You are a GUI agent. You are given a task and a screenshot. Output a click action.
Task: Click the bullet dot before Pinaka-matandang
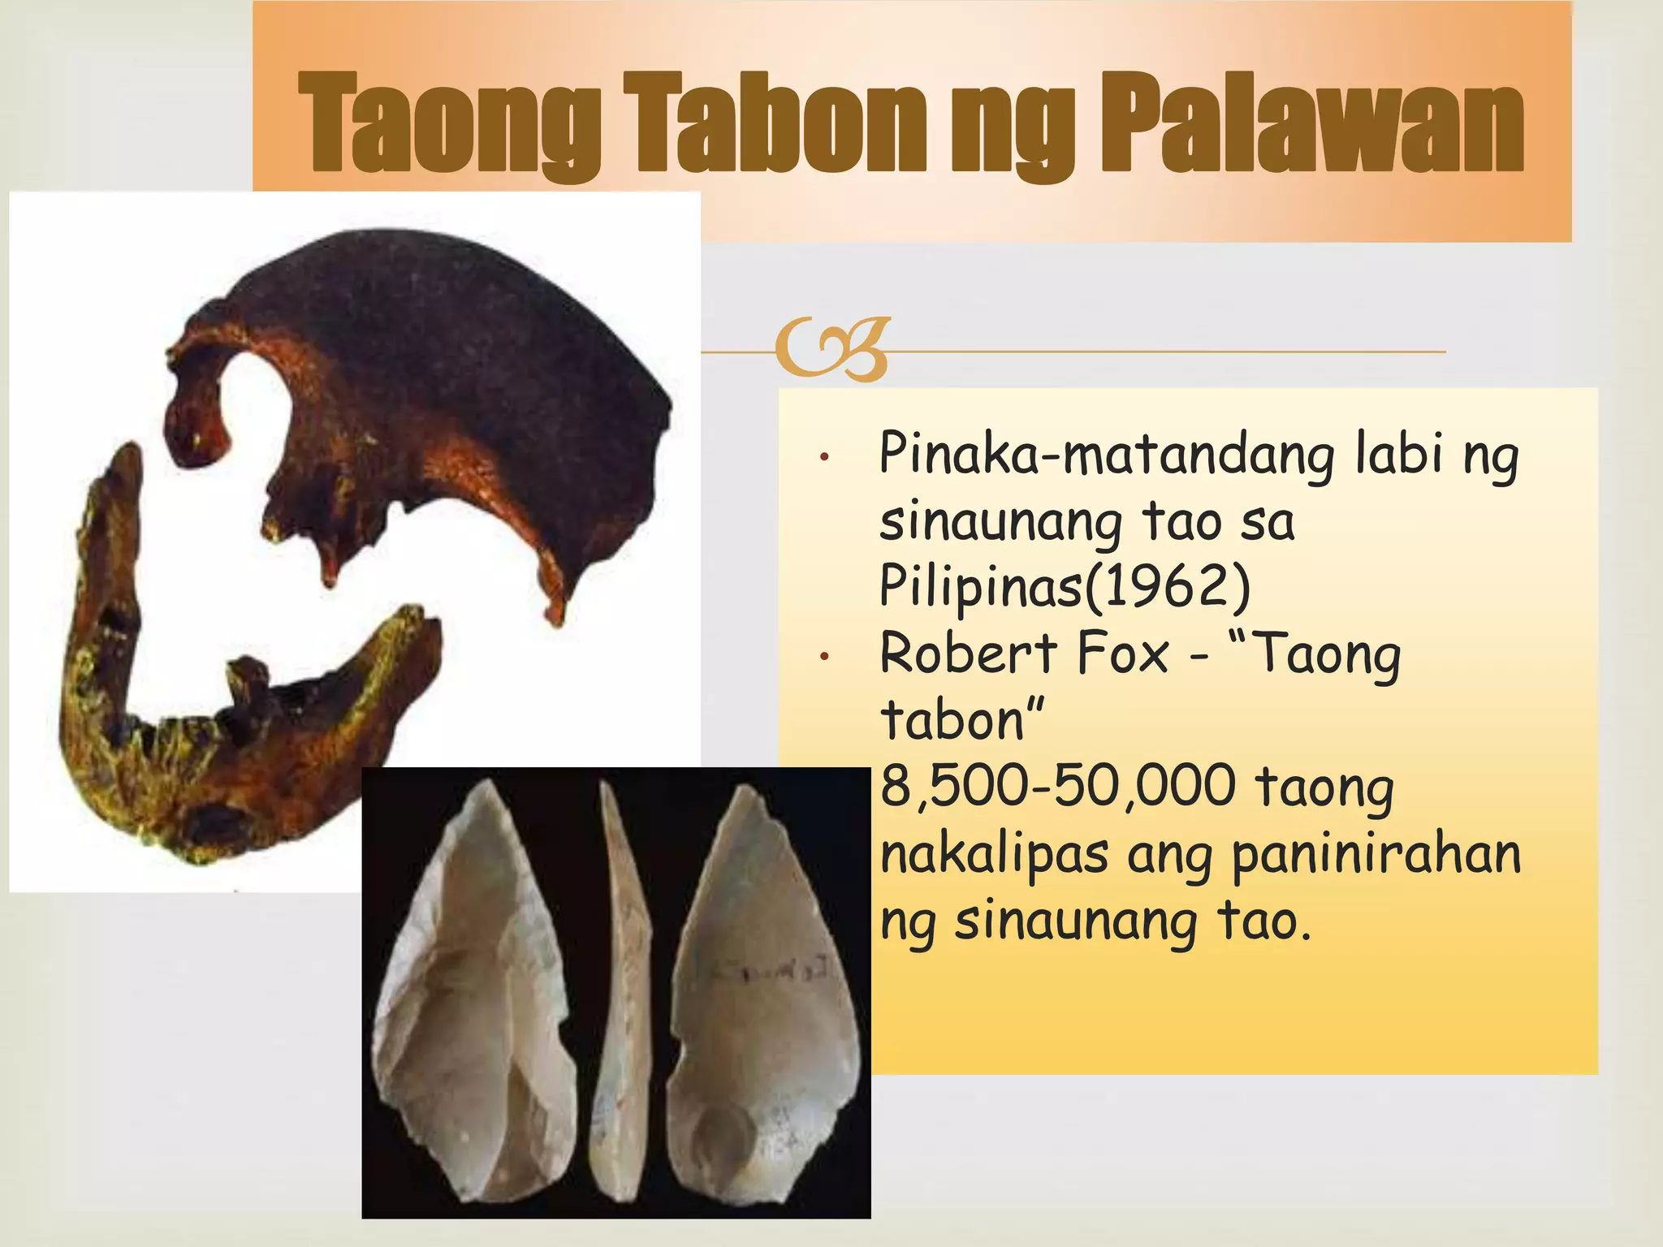point(823,458)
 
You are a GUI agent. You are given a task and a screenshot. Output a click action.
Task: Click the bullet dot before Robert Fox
point(823,657)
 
